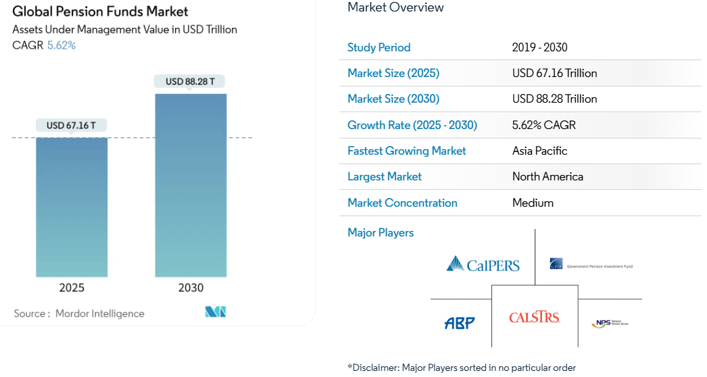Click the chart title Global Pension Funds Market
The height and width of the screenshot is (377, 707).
[x=100, y=11]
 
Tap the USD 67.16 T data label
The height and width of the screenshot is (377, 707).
[x=71, y=126]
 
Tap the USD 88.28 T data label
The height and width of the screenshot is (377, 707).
[x=190, y=82]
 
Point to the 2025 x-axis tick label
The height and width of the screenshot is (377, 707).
[x=72, y=288]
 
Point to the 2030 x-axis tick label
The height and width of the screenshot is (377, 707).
[x=191, y=288]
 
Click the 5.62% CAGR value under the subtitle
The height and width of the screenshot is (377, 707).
[x=61, y=45]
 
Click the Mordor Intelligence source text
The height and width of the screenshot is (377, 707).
[x=99, y=313]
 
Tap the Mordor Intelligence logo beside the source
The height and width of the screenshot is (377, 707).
[x=215, y=312]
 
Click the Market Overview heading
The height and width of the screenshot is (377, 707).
[x=395, y=7]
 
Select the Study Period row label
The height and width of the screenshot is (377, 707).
[x=379, y=47]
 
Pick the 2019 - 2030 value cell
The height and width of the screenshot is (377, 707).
[x=539, y=47]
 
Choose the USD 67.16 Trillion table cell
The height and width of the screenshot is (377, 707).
[x=554, y=73]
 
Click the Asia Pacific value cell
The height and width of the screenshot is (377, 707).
[x=539, y=151]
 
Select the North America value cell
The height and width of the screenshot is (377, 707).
[x=547, y=176]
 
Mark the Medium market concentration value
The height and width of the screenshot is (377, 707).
[x=533, y=203]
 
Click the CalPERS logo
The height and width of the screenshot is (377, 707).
[x=483, y=263]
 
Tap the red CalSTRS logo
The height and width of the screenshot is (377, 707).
[x=534, y=317]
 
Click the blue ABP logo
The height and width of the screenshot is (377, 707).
[x=460, y=323]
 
